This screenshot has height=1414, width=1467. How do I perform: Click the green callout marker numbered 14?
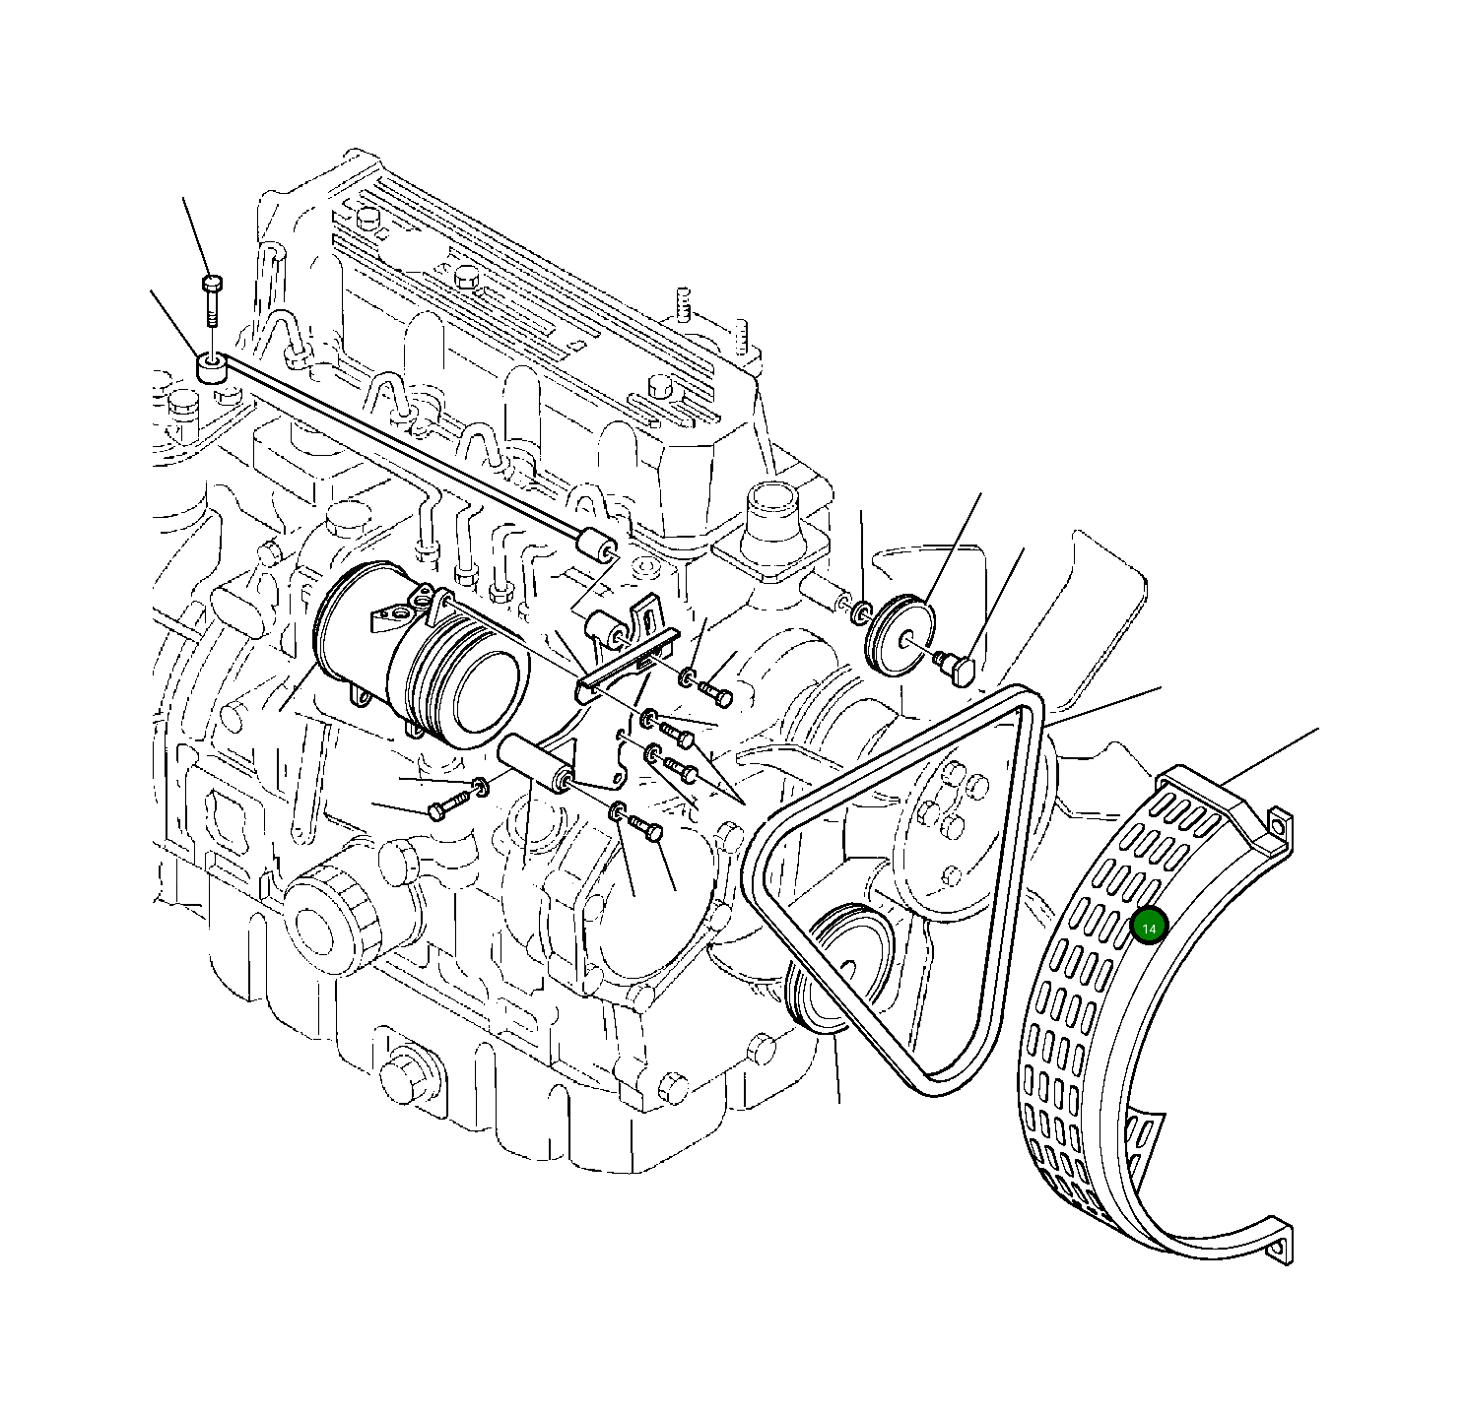[1149, 927]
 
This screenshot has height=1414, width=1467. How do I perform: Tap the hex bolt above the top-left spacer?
[210, 300]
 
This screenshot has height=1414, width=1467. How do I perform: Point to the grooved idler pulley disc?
[895, 635]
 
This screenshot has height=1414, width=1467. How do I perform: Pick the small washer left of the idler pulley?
[860, 613]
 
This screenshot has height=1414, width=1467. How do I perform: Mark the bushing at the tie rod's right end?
[597, 544]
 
